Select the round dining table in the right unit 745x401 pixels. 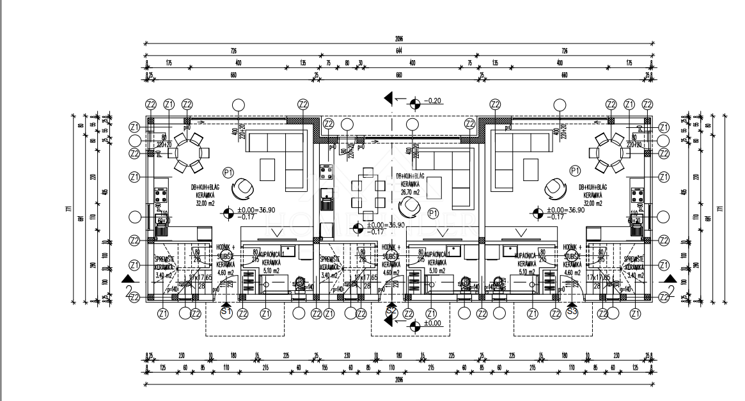(609, 154)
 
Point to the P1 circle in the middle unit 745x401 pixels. (433, 212)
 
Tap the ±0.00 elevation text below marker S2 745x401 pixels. (436, 324)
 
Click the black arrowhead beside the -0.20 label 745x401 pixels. (388, 98)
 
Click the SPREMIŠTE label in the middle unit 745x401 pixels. (333, 259)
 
